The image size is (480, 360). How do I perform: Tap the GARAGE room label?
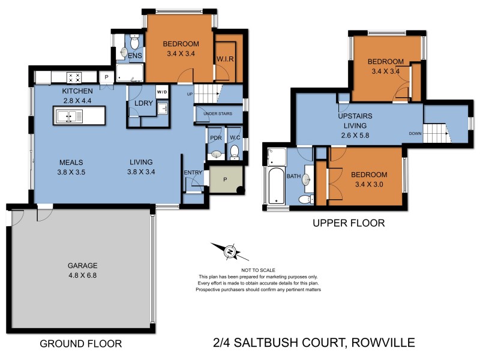tap(83, 265)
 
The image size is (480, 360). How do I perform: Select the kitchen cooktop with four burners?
tap(75, 77)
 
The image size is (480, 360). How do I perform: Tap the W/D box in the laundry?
tap(162, 92)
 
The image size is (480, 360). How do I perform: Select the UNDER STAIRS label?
tap(217, 113)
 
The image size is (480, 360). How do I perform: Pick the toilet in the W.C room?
tap(235, 151)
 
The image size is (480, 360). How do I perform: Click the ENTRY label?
tap(193, 173)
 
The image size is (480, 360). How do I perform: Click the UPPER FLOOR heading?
tap(348, 223)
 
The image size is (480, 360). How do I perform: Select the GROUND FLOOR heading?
tap(80, 344)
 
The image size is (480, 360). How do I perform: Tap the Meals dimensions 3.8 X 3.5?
tap(71, 173)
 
